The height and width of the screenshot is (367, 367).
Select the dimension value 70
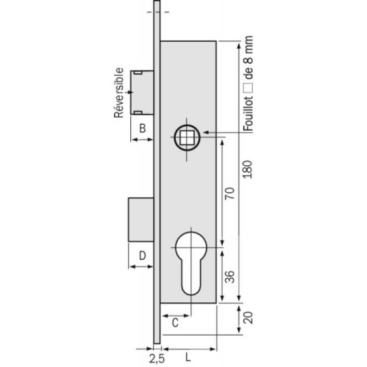(x=231, y=193)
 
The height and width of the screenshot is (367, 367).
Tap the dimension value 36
(x=231, y=276)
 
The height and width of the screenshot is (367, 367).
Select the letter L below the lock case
(x=189, y=356)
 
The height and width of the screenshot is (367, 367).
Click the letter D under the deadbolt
(x=142, y=256)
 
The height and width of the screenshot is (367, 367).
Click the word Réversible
(x=119, y=93)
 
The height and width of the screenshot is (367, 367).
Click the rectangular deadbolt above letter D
(x=140, y=219)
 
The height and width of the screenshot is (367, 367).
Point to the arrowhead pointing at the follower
(x=206, y=133)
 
